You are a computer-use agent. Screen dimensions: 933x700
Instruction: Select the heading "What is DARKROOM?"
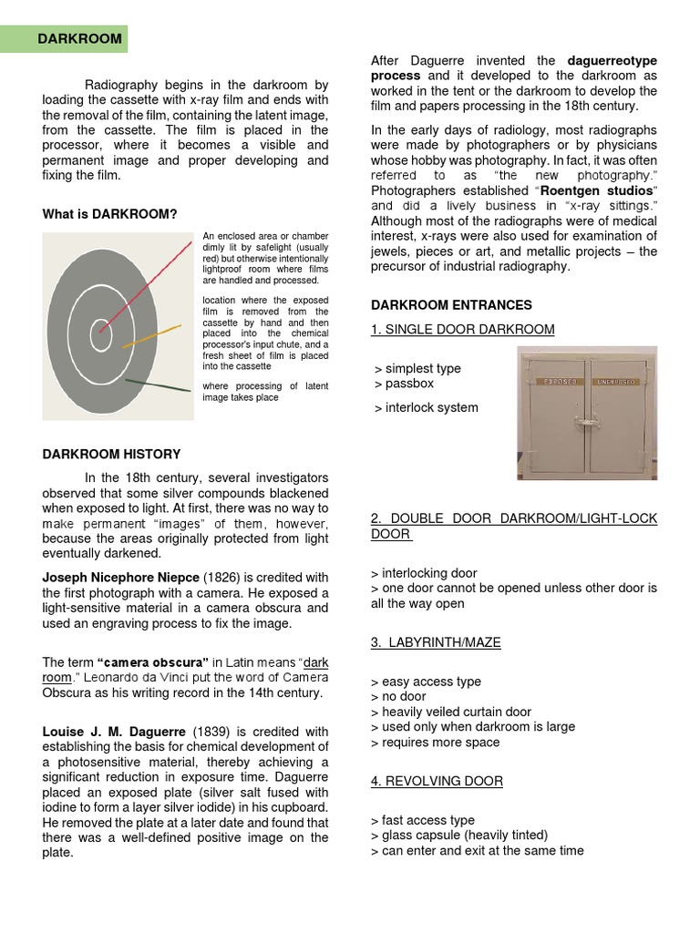tap(109, 214)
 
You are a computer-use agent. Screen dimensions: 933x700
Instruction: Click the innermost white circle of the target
tap(101, 333)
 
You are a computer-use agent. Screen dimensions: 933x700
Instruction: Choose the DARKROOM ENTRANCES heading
tap(451, 304)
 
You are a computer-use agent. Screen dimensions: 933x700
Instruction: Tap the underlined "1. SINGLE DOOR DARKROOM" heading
tap(462, 329)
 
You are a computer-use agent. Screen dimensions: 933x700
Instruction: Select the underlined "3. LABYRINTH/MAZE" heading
tap(436, 642)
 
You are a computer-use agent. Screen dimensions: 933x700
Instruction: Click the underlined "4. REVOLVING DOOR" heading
tap(437, 781)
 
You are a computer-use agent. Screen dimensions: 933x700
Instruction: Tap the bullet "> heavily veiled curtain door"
tap(451, 712)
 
